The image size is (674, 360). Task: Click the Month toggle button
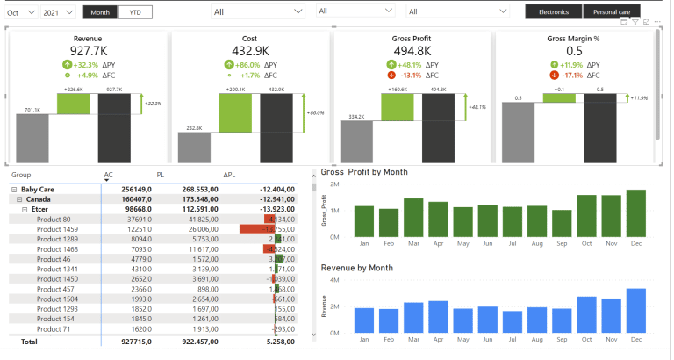tap(100, 12)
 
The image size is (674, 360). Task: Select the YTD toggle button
tap(133, 12)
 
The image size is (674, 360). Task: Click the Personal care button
tap(612, 12)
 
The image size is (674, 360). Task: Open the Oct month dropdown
tap(19, 12)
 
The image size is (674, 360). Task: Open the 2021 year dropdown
tap(58, 12)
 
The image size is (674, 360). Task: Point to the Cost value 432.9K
tap(249, 51)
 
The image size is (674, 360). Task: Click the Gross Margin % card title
tap(574, 39)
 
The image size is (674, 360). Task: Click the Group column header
tap(21, 175)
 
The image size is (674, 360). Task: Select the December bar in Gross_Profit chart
tap(635, 212)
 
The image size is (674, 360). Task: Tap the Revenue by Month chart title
tap(356, 267)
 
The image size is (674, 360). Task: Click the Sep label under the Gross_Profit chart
tap(562, 242)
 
